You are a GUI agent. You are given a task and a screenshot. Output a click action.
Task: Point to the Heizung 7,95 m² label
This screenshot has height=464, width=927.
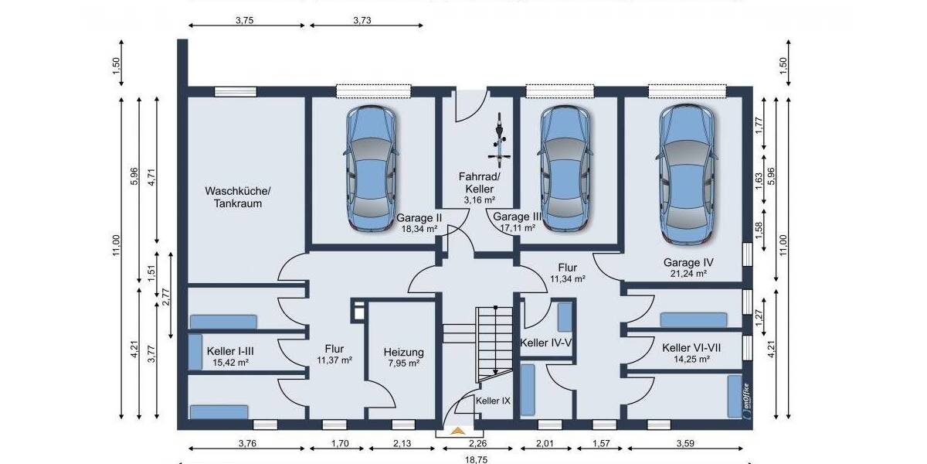tap(403, 357)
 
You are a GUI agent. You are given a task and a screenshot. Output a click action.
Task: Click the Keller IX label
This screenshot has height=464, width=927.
tap(493, 401)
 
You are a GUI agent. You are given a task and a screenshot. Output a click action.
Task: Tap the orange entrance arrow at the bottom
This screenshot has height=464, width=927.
tap(459, 431)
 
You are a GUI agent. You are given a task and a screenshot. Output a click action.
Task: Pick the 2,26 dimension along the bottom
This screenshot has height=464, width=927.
tap(479, 444)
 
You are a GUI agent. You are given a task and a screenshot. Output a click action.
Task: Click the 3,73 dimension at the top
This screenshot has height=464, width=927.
tap(362, 21)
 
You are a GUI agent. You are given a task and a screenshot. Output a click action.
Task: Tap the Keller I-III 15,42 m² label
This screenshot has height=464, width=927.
tap(231, 357)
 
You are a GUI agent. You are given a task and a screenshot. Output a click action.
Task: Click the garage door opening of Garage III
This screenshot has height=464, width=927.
tap(561, 92)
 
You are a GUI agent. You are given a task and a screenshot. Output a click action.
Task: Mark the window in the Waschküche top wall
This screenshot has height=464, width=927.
tap(235, 92)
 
